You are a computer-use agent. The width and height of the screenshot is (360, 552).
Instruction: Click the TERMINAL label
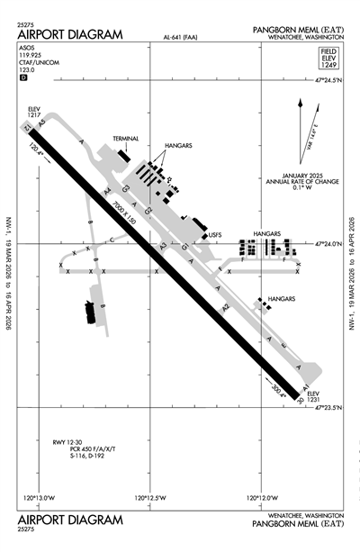coord(127,138)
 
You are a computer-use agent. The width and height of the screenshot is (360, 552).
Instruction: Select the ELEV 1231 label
coord(312,397)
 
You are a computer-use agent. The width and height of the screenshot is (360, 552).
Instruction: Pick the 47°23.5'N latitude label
coord(328,407)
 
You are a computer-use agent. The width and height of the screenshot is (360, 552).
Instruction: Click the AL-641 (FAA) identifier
coord(184,39)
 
